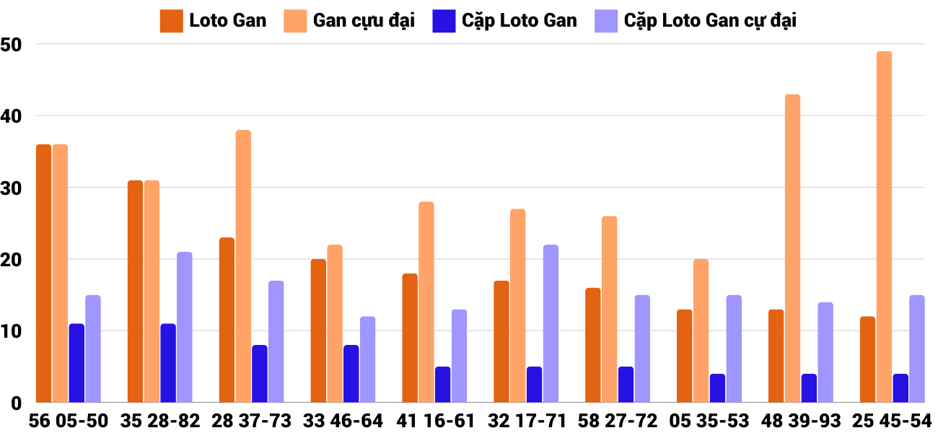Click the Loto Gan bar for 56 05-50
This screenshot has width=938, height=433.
[43, 274]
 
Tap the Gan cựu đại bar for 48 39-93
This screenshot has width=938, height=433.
[792, 248]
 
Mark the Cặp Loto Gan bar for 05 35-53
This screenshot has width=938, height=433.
[717, 388]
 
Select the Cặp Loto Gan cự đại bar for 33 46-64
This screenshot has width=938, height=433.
[367, 359]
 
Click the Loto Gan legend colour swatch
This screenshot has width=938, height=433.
[171, 21]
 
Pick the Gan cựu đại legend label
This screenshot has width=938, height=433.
[364, 21]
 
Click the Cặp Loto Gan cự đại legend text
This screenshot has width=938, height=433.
[710, 21]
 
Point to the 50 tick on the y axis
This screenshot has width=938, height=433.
[12, 45]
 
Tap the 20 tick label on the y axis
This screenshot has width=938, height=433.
[12, 260]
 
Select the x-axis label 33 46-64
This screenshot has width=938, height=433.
[343, 421]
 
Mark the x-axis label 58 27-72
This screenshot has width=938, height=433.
[618, 421]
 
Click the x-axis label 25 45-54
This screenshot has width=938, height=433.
[892, 421]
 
